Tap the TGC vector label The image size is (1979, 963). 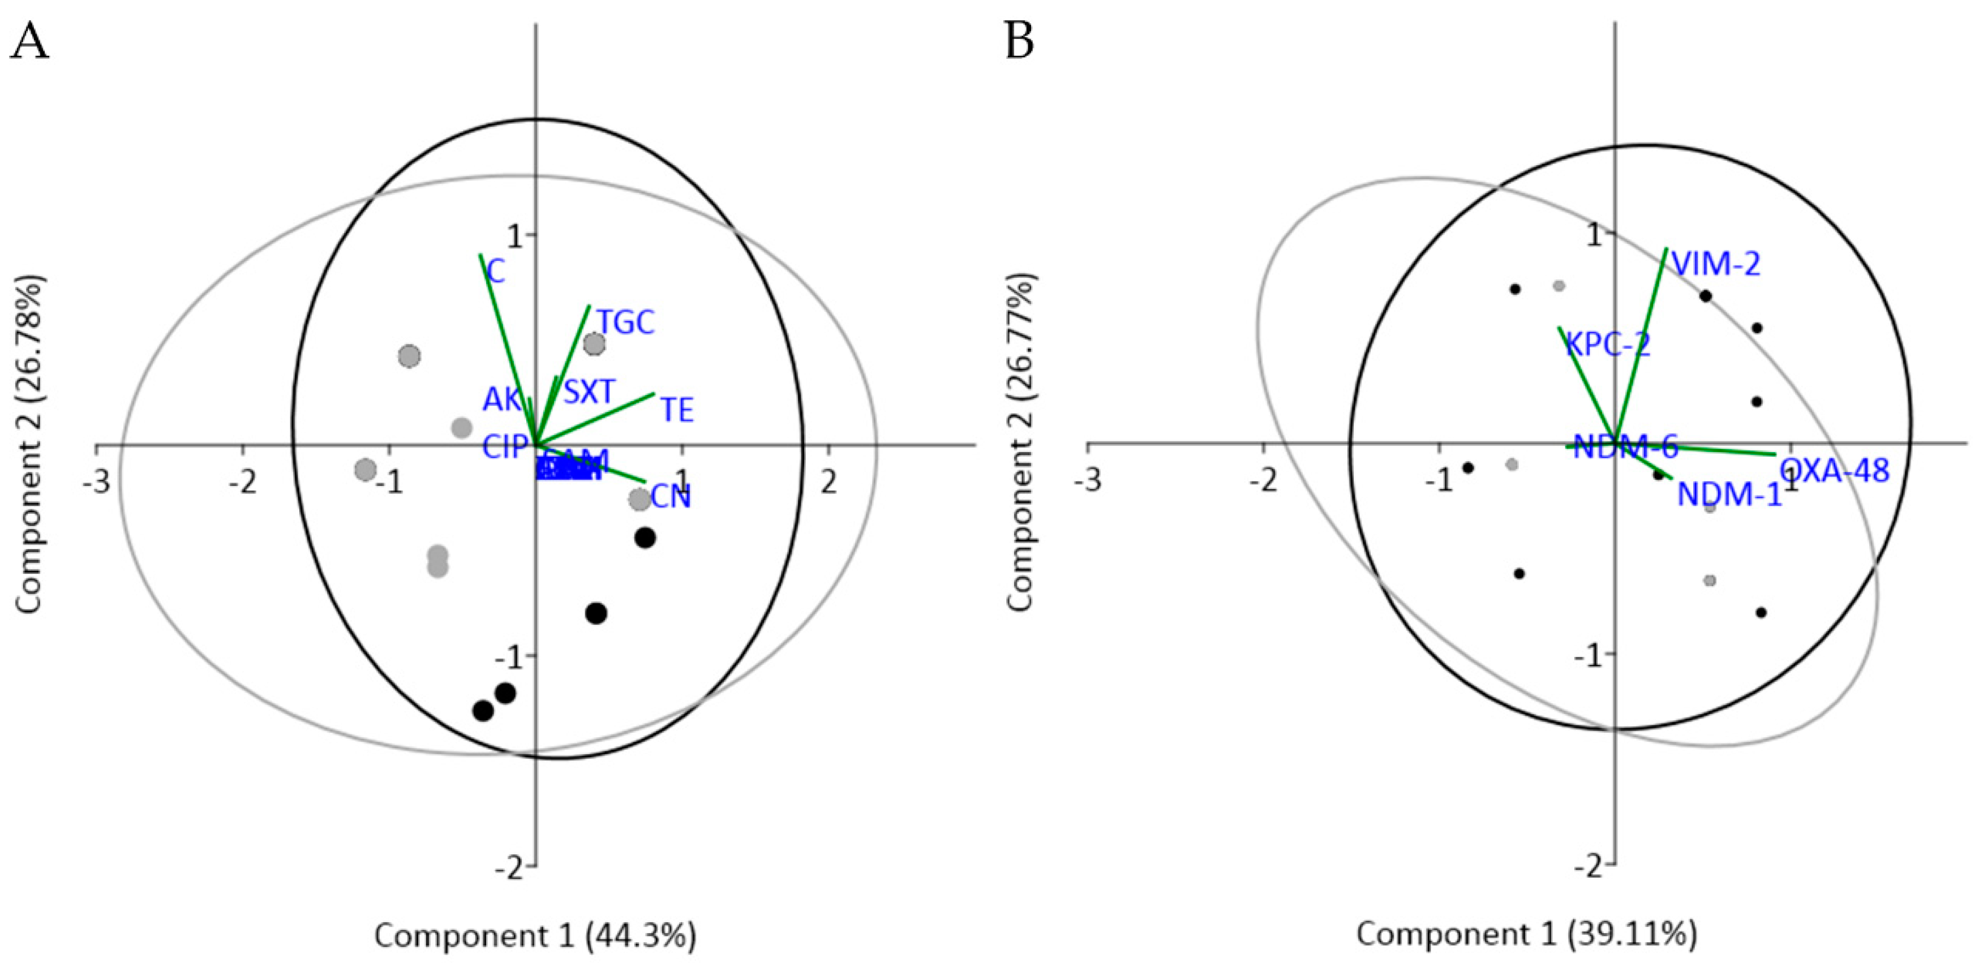click(626, 323)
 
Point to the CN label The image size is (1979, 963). click(671, 497)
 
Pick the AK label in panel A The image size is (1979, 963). click(501, 400)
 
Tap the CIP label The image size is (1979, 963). click(505, 447)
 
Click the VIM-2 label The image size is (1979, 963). click(1716, 264)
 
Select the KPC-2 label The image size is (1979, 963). click(1608, 345)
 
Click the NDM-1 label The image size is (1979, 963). click(1728, 495)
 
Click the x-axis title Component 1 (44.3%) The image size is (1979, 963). click(535, 935)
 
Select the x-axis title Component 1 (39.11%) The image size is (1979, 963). click(1526, 934)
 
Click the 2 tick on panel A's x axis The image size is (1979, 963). click(827, 482)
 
